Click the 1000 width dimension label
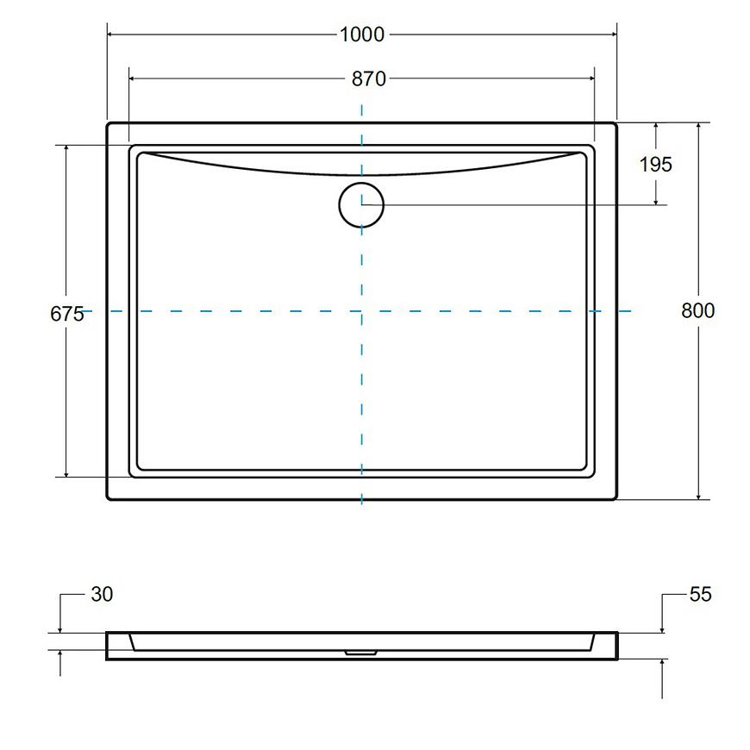pyautogui.click(x=361, y=34)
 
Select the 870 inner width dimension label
pyautogui.click(x=369, y=79)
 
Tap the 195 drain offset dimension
pyautogui.click(x=656, y=165)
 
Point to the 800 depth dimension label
pyautogui.click(x=698, y=311)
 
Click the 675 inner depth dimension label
pyautogui.click(x=67, y=315)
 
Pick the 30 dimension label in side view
pyautogui.click(x=102, y=595)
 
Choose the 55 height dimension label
pyautogui.click(x=701, y=595)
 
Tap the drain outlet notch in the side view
pyautogui.click(x=361, y=652)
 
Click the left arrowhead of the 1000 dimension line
pyautogui.click(x=110, y=34)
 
